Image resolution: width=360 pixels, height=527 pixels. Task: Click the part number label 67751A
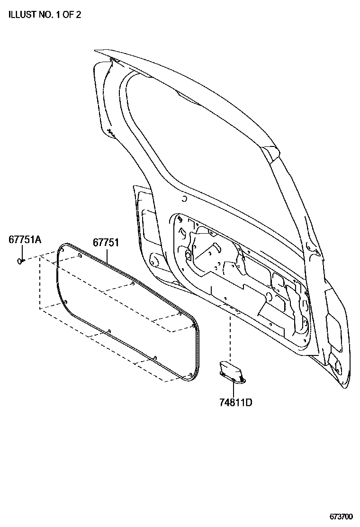(25, 240)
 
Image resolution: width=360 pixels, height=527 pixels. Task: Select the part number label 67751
(105, 242)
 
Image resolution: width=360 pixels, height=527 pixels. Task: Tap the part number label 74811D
(235, 403)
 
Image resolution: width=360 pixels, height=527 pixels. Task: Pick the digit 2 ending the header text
(78, 15)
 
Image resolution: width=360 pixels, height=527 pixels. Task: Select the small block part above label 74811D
(232, 370)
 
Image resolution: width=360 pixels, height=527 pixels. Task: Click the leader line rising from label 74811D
(234, 388)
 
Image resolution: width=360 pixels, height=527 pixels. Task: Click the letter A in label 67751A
(38, 240)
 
